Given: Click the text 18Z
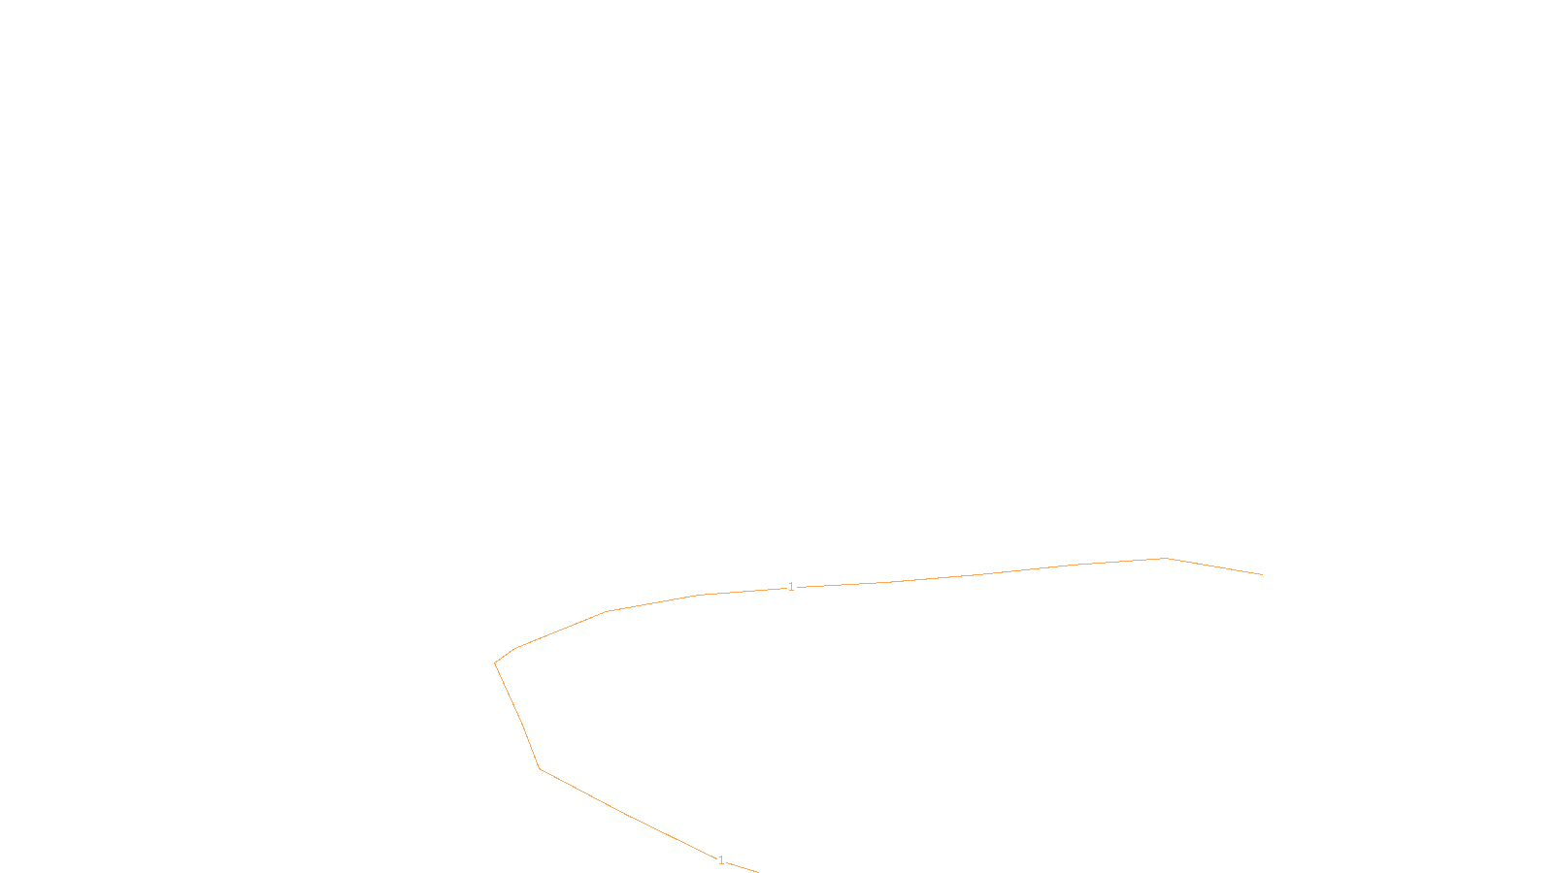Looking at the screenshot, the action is tap(736, 857).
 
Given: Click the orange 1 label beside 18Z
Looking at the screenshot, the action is tap(720, 859).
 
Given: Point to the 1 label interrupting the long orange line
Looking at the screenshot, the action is tap(791, 587).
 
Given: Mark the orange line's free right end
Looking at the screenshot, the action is tap(1262, 574).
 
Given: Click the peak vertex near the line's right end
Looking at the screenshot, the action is tap(1165, 558).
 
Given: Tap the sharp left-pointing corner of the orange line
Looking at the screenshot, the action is tap(495, 663).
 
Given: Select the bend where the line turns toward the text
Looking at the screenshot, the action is tap(539, 768).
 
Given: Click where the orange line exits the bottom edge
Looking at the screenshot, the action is tap(757, 871).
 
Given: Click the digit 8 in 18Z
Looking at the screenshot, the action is tap(736, 857).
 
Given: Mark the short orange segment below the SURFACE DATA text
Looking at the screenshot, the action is tap(743, 867).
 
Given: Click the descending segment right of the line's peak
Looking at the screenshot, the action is tap(1213, 566).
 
